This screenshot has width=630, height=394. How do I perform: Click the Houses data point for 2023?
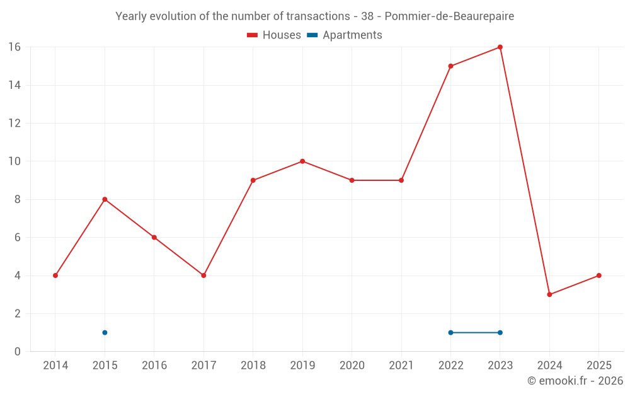(500, 47)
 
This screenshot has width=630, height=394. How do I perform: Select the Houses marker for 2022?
(450, 66)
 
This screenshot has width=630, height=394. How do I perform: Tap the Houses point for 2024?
(549, 294)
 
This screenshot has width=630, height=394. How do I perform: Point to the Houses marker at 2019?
(302, 161)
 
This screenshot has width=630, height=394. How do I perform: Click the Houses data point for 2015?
(105, 199)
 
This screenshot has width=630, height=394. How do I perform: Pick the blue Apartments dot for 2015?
(105, 333)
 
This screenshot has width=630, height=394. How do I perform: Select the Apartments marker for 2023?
(500, 333)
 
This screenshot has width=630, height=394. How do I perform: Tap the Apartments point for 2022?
(450, 333)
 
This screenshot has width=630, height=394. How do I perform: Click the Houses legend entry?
(274, 35)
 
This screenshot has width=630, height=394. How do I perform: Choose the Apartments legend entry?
(345, 35)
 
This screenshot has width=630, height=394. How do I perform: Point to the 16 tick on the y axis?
(14, 47)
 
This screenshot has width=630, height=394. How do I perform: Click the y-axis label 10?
(14, 161)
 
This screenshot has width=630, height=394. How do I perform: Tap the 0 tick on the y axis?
(18, 352)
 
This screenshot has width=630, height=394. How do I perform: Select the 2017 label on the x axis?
(203, 366)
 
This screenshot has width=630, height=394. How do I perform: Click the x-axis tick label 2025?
(598, 366)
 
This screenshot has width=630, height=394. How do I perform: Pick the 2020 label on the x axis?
(352, 366)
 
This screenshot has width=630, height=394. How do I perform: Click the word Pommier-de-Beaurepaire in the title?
(458, 16)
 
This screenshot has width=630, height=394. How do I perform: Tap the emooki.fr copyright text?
(575, 381)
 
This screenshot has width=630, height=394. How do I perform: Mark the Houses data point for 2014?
(55, 275)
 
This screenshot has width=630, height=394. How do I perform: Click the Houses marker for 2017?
(203, 275)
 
